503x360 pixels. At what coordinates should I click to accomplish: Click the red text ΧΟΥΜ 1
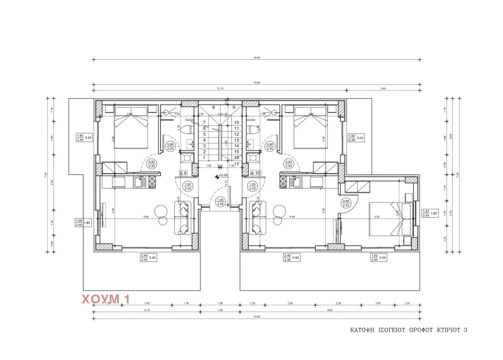[x=105, y=300]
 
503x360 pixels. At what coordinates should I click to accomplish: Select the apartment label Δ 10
[x=255, y=172]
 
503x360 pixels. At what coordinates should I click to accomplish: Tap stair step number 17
[x=236, y=164]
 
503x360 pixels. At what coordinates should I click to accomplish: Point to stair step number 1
[x=204, y=157]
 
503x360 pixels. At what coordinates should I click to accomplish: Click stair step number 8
[x=214, y=108]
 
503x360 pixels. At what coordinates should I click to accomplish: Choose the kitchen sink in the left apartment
[x=141, y=183]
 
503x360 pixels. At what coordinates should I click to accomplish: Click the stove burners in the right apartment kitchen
[x=284, y=183]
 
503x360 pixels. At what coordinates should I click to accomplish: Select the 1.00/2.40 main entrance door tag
[x=220, y=202]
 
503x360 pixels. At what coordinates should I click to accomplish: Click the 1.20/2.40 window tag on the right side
[x=426, y=213]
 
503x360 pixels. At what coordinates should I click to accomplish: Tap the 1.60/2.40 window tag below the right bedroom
[x=374, y=257]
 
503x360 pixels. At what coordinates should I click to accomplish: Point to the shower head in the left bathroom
[x=165, y=110]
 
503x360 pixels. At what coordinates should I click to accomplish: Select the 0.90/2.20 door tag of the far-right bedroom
[x=346, y=203]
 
